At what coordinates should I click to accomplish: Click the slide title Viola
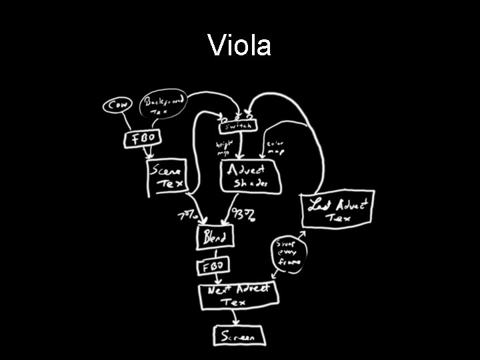pos(239,46)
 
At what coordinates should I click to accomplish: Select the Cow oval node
pos(117,106)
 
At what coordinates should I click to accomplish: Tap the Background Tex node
pos(163,105)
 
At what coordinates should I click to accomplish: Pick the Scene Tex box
pos(167,178)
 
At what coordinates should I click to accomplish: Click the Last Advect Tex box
pos(337,209)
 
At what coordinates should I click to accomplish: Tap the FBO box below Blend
pos(213,267)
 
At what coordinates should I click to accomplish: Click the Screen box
pos(238,337)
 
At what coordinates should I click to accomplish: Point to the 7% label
pos(187,215)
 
